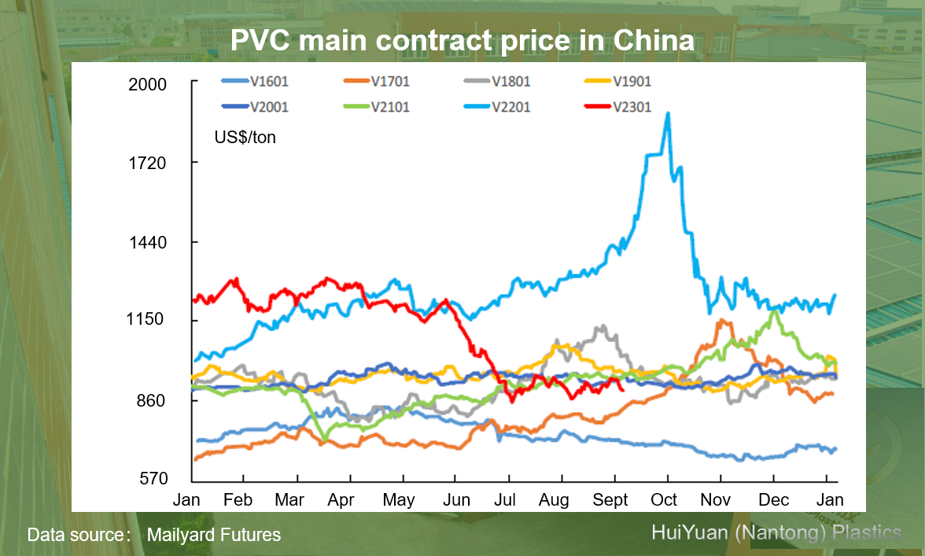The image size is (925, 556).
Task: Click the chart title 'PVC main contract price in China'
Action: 462,40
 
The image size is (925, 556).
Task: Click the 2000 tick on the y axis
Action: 148,84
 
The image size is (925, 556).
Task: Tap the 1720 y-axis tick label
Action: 148,164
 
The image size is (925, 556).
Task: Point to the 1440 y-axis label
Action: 148,242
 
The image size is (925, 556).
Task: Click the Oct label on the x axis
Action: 665,500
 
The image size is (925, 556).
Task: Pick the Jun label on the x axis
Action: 457,500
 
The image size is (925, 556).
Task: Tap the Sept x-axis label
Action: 610,500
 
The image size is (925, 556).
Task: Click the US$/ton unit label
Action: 245,138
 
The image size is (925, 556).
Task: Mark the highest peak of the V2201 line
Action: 668,113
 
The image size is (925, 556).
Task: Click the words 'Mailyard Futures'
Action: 214,536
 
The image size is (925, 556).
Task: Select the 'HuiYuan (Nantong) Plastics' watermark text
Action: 776,532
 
